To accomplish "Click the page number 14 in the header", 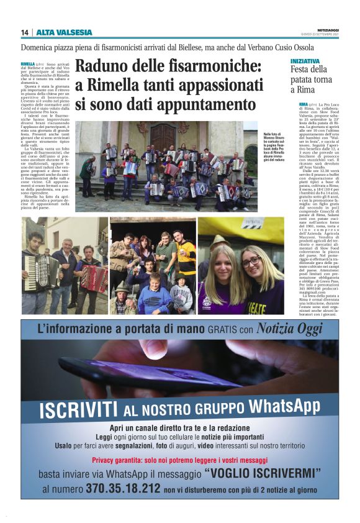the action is pyautogui.click(x=24, y=32).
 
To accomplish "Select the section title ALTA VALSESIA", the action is pyautogui.click(x=64, y=32).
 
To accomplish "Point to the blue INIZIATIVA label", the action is pyautogui.click(x=305, y=61).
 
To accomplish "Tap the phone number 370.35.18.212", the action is pyautogui.click(x=123, y=488).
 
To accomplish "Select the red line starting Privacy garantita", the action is pyautogui.click(x=180, y=460).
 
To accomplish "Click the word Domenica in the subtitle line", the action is pyautogui.click(x=41, y=47).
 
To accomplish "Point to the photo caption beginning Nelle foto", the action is pyautogui.click(x=261, y=146).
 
